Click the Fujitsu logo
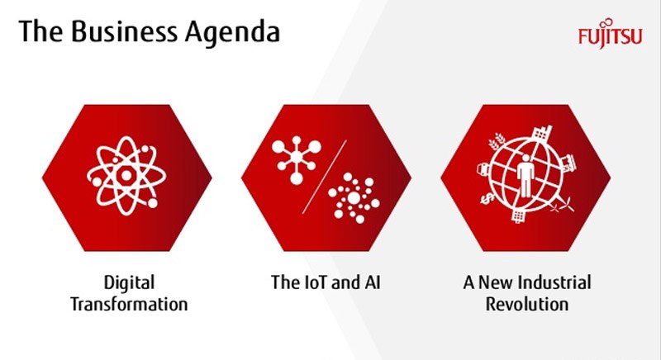point(610,35)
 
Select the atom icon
point(126,176)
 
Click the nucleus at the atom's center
point(126,176)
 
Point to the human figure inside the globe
point(525,176)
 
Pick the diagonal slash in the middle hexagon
point(324,177)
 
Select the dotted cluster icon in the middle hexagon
point(354,197)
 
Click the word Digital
point(129,283)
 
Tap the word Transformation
point(129,304)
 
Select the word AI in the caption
point(373,282)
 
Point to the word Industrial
point(555,282)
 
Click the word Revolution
point(527,304)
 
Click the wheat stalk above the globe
point(497,141)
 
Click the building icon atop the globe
point(542,134)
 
